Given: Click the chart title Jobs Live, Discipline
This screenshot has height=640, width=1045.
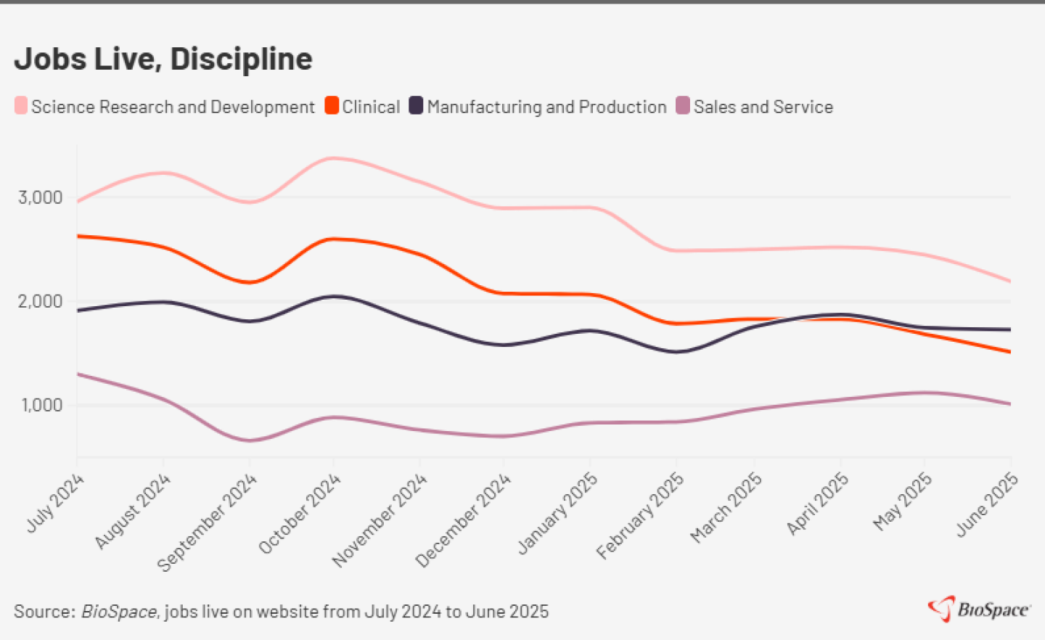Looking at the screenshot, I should [x=163, y=59].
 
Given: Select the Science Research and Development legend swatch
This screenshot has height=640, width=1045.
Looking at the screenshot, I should [x=21, y=106].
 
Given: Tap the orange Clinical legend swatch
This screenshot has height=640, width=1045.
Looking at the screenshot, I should [x=332, y=106].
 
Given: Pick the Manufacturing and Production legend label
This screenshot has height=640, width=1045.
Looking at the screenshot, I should [x=546, y=107].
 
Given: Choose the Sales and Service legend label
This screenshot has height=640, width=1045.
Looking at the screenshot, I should [x=763, y=107].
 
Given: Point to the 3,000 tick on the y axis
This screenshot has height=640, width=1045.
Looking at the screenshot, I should [x=41, y=197].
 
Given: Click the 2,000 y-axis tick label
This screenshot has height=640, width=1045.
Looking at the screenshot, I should [x=41, y=301].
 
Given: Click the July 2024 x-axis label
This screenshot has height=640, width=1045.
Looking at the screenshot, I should [x=55, y=503].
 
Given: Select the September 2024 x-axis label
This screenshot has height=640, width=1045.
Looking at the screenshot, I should [x=208, y=522].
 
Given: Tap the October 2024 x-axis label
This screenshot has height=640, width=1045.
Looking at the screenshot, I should [x=300, y=513].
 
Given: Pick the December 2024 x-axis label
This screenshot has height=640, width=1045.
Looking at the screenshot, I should [x=464, y=520].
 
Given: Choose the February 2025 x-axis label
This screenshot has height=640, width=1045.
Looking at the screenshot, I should [x=640, y=515].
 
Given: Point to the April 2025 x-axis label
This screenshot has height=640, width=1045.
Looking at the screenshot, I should [x=818, y=503].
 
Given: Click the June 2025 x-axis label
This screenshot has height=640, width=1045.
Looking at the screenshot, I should [x=987, y=504].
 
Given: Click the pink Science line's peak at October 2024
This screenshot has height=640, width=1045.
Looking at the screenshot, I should [x=333, y=157].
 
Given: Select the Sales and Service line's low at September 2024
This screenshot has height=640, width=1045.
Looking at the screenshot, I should [x=249, y=440].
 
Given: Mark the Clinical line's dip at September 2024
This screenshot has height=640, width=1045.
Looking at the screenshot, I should [x=249, y=282].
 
